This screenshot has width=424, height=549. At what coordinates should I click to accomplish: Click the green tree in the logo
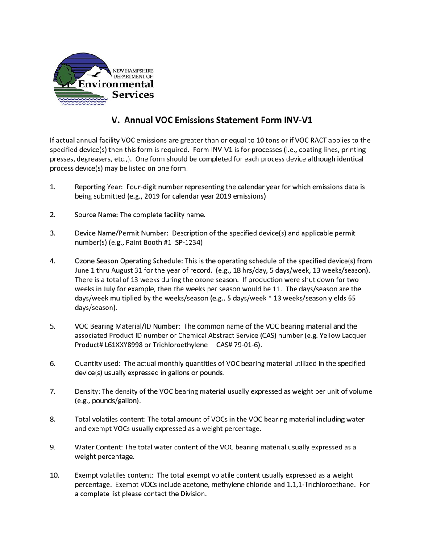66,74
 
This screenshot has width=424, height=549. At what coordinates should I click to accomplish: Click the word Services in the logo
133,95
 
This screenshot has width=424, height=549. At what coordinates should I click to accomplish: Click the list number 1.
53,187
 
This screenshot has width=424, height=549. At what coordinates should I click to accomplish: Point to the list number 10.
54,475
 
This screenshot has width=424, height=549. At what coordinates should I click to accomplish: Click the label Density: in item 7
87,391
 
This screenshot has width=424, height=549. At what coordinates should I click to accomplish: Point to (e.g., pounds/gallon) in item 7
108,401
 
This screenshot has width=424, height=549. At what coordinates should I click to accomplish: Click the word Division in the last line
193,494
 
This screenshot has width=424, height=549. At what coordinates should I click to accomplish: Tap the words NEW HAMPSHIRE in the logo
133,71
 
